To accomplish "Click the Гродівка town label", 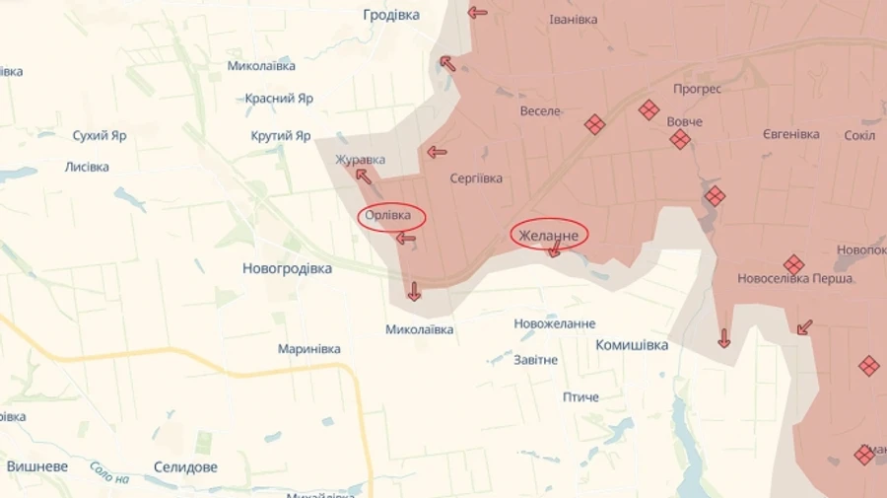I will [x=391, y=15].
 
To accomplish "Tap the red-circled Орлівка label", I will [x=388, y=216].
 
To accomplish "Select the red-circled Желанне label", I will [x=549, y=235].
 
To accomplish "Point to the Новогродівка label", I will [x=287, y=268].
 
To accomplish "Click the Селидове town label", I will [x=185, y=466].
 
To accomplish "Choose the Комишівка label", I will [x=632, y=345].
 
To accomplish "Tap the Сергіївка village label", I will [x=476, y=178].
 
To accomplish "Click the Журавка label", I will [x=360, y=160].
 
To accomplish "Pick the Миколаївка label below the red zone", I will [x=420, y=329].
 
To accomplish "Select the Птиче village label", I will [x=580, y=396].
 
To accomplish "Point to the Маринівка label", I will [x=309, y=349].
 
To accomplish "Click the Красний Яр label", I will [x=279, y=99].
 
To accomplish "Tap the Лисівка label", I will [x=87, y=167].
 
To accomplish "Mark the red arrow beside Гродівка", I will [x=477, y=13].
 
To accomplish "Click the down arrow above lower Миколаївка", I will [x=414, y=291].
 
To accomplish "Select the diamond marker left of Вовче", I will [x=648, y=109].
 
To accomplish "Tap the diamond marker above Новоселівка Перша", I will [x=793, y=264].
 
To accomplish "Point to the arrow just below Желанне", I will [x=554, y=250].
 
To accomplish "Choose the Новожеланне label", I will [x=555, y=323].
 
